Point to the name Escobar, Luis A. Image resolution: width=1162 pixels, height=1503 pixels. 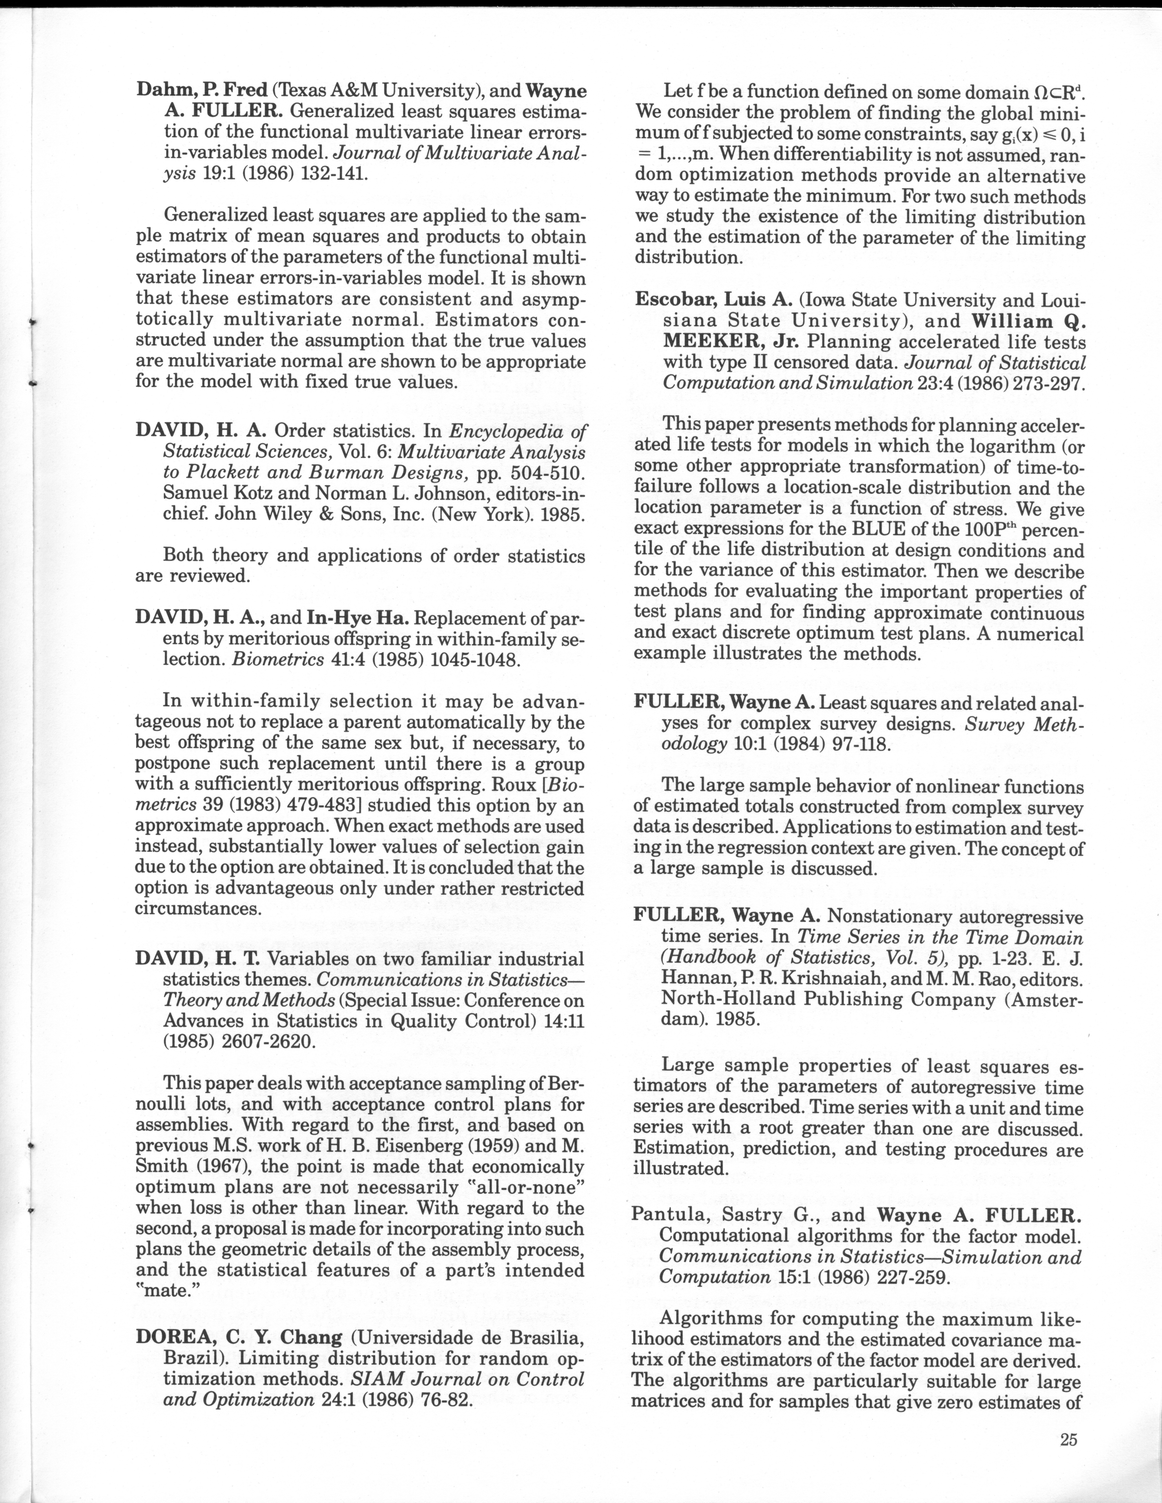pyautogui.click(x=713, y=300)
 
